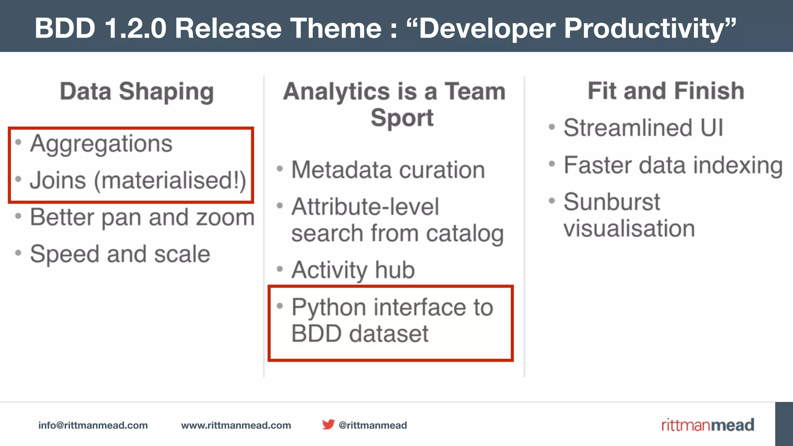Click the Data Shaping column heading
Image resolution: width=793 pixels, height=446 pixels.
[137, 92]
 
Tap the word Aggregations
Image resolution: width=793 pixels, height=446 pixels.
[101, 144]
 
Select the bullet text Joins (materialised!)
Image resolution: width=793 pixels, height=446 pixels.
[138, 180]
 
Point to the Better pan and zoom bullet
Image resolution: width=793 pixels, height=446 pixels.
[142, 217]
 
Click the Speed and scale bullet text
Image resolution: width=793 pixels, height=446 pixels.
[120, 254]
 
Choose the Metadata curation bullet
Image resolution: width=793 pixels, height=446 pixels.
[388, 170]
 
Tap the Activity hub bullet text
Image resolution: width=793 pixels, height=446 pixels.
[353, 270]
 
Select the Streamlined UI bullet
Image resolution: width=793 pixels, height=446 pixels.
[643, 128]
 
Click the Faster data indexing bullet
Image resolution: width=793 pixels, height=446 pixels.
[673, 165]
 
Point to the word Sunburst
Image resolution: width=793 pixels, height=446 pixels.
[611, 202]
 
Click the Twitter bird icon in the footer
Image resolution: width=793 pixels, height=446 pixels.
[328, 424]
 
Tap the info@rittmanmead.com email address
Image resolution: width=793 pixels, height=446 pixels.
[93, 425]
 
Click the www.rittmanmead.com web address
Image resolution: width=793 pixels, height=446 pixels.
[236, 425]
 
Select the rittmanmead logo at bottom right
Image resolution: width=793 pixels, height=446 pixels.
[707, 425]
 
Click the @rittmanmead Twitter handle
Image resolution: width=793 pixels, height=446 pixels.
[372, 425]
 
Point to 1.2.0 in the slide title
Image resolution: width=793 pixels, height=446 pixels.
[136, 28]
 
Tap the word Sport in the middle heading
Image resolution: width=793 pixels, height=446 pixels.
[402, 118]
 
